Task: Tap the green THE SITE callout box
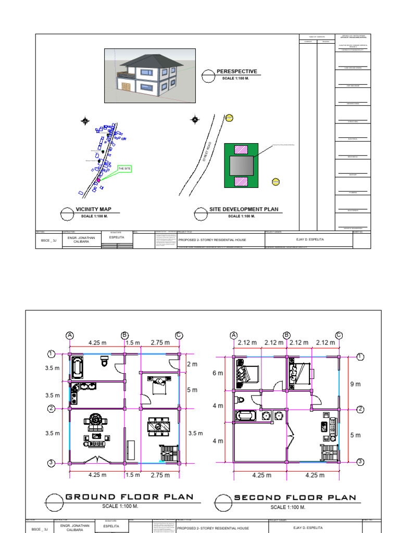[124, 169]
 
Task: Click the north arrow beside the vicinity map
[85, 122]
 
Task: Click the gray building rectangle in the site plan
[241, 166]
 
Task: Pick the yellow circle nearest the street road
[229, 118]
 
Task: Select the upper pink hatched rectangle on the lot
[241, 149]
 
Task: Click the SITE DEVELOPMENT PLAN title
[243, 209]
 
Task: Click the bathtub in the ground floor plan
[77, 367]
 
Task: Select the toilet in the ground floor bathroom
[105, 361]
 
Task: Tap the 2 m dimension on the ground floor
[192, 364]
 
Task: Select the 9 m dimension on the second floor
[355, 384]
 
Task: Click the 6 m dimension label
[217, 374]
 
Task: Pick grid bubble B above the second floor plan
[286, 335]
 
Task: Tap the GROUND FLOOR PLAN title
[129, 497]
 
